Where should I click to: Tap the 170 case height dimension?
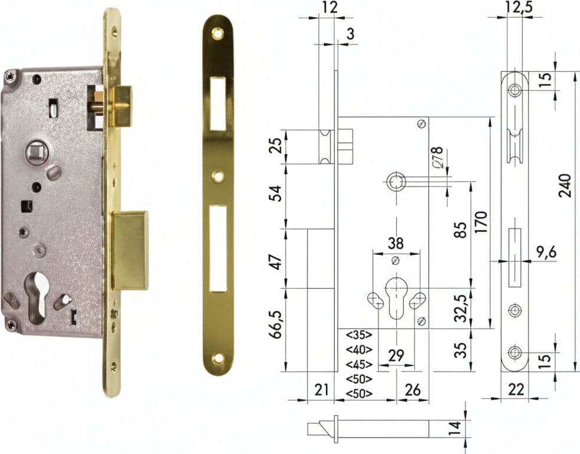click(482, 222)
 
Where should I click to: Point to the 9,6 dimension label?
click(546, 252)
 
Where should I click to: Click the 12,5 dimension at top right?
click(520, 8)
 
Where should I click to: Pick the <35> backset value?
click(359, 335)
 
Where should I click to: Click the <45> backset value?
click(359, 364)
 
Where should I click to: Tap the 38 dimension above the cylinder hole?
click(396, 243)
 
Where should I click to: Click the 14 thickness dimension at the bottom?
click(456, 427)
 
